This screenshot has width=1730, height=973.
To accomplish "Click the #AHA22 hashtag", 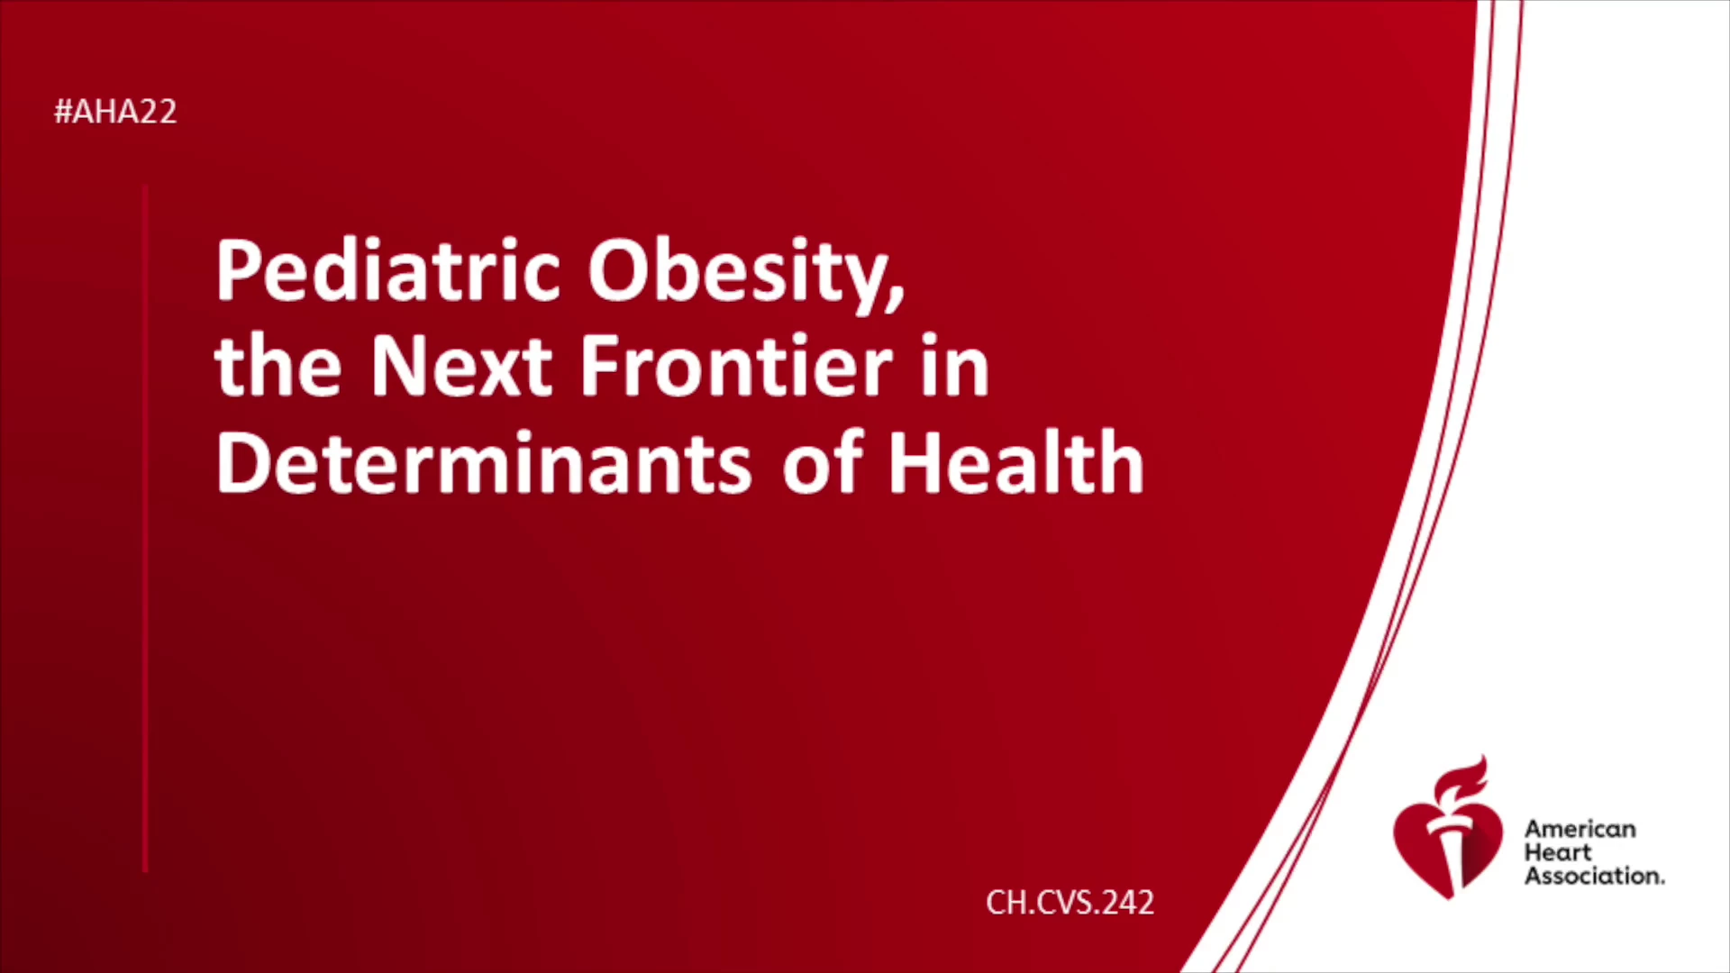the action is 115,112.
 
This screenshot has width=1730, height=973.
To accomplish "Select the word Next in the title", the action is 461,366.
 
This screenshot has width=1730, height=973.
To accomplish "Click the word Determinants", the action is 483,462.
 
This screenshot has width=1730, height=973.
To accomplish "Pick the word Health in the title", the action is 1016,462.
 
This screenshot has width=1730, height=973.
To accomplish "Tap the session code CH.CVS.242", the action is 1070,903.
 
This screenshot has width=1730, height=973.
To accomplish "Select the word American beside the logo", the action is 1580,829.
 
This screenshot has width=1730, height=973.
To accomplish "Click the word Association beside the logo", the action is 1594,876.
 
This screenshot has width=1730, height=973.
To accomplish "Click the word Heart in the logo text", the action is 1558,852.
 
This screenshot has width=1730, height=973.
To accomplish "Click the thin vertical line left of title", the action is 145,528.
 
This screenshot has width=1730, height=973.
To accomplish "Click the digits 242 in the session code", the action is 1127,903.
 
